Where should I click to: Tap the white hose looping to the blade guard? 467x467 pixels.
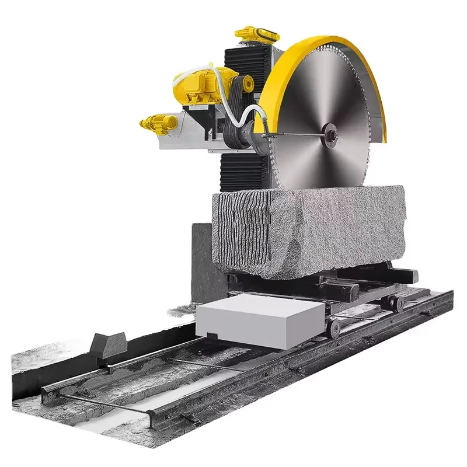click(x=245, y=114)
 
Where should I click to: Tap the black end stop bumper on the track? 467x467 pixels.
click(x=109, y=346)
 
